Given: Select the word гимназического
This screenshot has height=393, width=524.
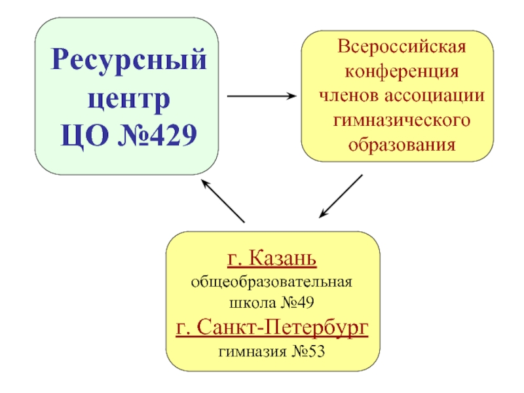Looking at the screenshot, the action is pos(402,120).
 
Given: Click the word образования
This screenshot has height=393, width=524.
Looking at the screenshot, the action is pos(402,143).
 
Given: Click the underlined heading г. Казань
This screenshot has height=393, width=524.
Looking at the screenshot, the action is pos(272,259).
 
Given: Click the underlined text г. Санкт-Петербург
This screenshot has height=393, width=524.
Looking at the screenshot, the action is pos(272,327).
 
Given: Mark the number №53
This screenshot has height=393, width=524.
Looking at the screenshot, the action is pos(307,352).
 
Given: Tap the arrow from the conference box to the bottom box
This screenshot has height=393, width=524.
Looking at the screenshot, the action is pos(341,196).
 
